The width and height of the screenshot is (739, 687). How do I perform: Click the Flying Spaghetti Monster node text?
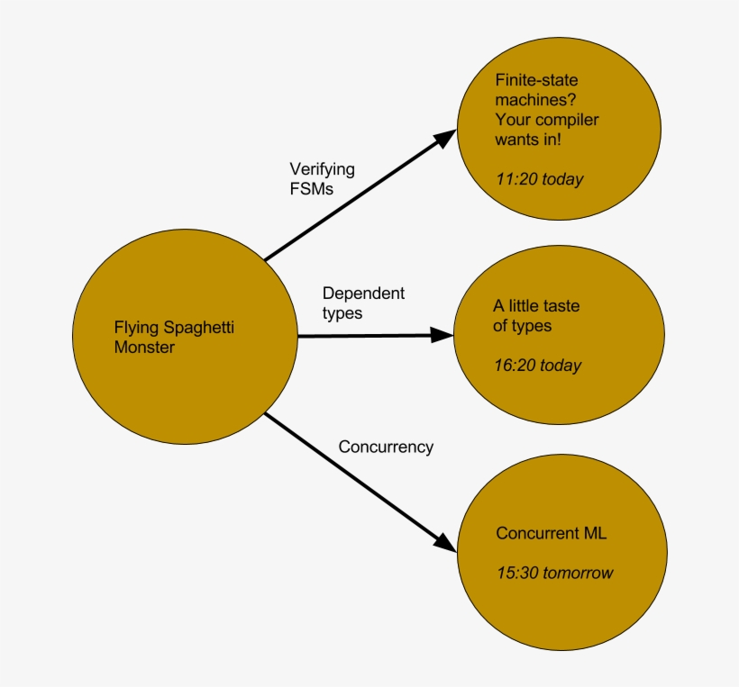click(174, 337)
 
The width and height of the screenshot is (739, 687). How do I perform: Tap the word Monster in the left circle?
click(144, 348)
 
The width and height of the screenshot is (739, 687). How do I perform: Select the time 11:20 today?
click(539, 179)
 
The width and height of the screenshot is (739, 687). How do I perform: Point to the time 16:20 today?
click(537, 366)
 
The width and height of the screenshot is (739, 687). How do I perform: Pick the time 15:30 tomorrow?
click(554, 573)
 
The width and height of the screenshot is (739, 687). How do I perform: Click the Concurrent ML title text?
click(551, 533)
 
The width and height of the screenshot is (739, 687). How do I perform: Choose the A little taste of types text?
click(535, 315)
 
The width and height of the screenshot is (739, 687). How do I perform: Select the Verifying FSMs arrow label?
click(322, 178)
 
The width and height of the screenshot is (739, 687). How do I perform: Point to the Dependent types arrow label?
click(363, 303)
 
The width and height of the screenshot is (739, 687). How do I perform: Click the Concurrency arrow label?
click(386, 447)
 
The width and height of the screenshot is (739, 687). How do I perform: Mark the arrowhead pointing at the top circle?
click(445, 137)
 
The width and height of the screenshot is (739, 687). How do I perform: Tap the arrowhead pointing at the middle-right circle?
click(442, 335)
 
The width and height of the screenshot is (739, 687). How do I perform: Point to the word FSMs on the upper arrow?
click(311, 188)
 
